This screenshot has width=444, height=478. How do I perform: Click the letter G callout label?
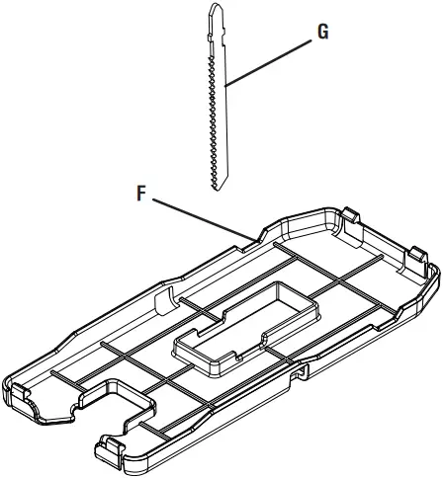click(322, 32)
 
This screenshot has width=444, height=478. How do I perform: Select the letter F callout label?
click(141, 195)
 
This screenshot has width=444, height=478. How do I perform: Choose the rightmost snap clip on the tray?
click(419, 255)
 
